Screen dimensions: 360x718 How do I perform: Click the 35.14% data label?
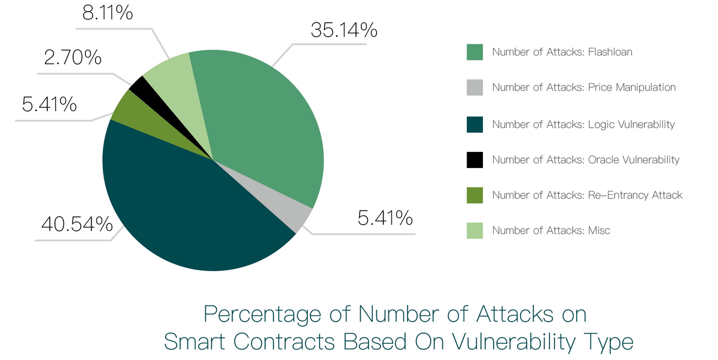pos(343,30)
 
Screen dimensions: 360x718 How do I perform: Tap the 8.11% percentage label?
pos(107,12)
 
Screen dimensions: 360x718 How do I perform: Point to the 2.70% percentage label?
pos(72,57)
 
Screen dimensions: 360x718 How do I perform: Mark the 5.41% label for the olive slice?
pos(49,104)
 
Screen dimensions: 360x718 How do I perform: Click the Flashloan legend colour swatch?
pos(474,52)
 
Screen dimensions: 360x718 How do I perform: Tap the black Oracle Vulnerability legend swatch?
pos(474,160)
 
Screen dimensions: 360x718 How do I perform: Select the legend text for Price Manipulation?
pos(583,87)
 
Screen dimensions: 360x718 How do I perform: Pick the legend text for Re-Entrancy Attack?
pos(587,195)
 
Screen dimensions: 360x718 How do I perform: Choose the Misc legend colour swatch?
pos(474,230)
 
